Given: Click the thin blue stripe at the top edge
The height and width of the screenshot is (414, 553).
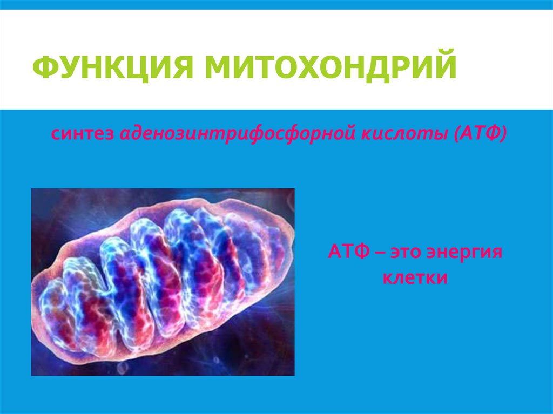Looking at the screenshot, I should pos(276,4).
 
